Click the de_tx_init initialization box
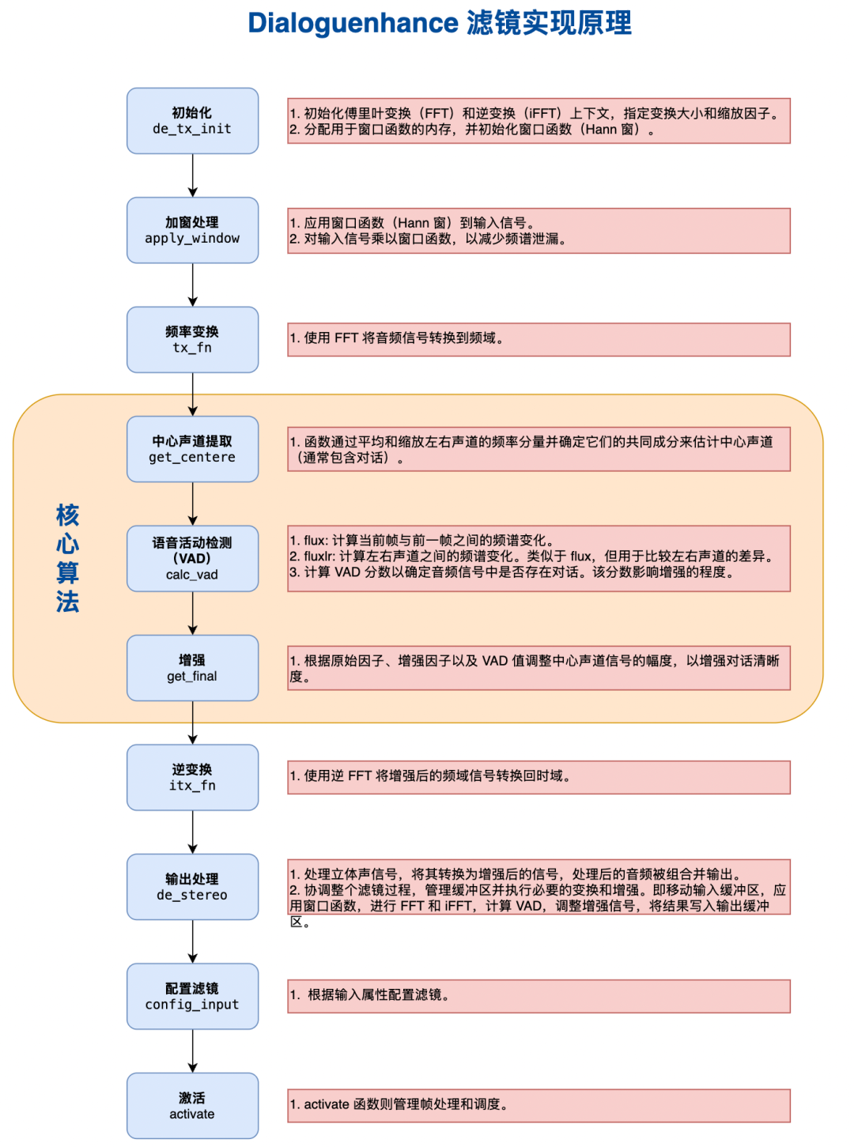(192, 121)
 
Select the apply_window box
(192, 230)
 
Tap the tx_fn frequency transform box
(192, 340)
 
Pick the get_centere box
(192, 449)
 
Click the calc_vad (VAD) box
(192, 559)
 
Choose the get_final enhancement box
(192, 668)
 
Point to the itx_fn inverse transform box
(192, 778)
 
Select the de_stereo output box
(192, 887)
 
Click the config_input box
(192, 997)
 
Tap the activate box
(192, 1106)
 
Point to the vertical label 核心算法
(67, 558)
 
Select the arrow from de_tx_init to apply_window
(192, 175)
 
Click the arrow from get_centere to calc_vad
(192, 504)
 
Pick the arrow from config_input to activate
(192, 1051)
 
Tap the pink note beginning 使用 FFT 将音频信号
(538, 339)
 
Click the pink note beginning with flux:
(538, 558)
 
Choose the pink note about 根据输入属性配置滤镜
(538, 996)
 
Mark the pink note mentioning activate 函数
(538, 1105)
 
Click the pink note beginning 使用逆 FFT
(538, 777)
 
